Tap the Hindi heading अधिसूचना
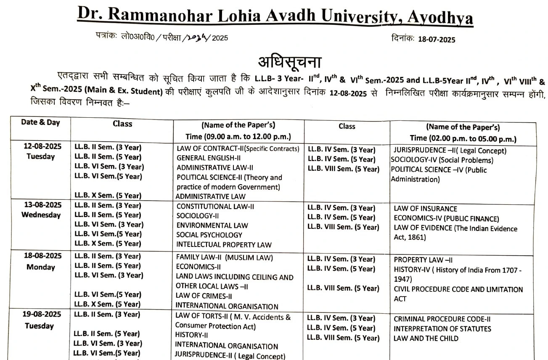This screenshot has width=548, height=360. [290, 62]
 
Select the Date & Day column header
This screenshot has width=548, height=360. [40, 122]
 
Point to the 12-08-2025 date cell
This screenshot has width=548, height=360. [42, 146]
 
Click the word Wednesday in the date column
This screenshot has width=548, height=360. [41, 215]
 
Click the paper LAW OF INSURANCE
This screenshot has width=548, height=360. [425, 209]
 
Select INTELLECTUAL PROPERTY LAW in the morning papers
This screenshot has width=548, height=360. [224, 244]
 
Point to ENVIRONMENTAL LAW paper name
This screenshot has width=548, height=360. [212, 225]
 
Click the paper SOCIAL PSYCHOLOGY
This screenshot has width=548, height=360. [209, 235]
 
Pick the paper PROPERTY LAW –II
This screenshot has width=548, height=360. [423, 260]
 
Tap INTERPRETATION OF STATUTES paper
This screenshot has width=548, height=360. [442, 328]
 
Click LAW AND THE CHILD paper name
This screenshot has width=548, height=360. [426, 338]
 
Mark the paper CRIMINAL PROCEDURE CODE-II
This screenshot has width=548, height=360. [442, 319]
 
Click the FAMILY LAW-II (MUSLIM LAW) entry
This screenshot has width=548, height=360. [225, 257]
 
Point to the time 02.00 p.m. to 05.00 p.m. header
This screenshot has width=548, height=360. [463, 138]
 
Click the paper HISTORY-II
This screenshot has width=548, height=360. [191, 335]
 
